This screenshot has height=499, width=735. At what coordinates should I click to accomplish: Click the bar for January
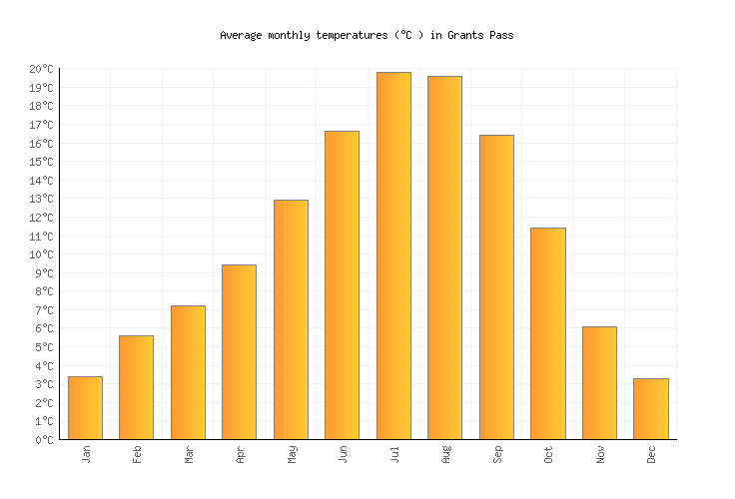point(85,407)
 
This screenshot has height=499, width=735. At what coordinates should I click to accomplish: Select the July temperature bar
point(393,255)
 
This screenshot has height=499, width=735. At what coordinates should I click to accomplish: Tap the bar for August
point(444,257)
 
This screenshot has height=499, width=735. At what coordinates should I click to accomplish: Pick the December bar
point(650,408)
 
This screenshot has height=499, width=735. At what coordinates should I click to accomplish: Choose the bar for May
point(291,319)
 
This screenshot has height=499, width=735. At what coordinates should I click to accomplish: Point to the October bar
point(547,333)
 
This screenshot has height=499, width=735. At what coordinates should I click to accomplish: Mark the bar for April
point(239,351)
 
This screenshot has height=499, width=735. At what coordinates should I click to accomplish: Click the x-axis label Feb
point(137,454)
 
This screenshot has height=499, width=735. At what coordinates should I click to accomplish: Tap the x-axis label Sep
point(496,454)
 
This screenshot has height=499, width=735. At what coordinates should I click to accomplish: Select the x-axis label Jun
point(343,454)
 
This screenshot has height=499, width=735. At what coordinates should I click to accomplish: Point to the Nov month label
point(599,454)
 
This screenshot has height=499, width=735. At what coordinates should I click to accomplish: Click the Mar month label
point(188,454)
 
